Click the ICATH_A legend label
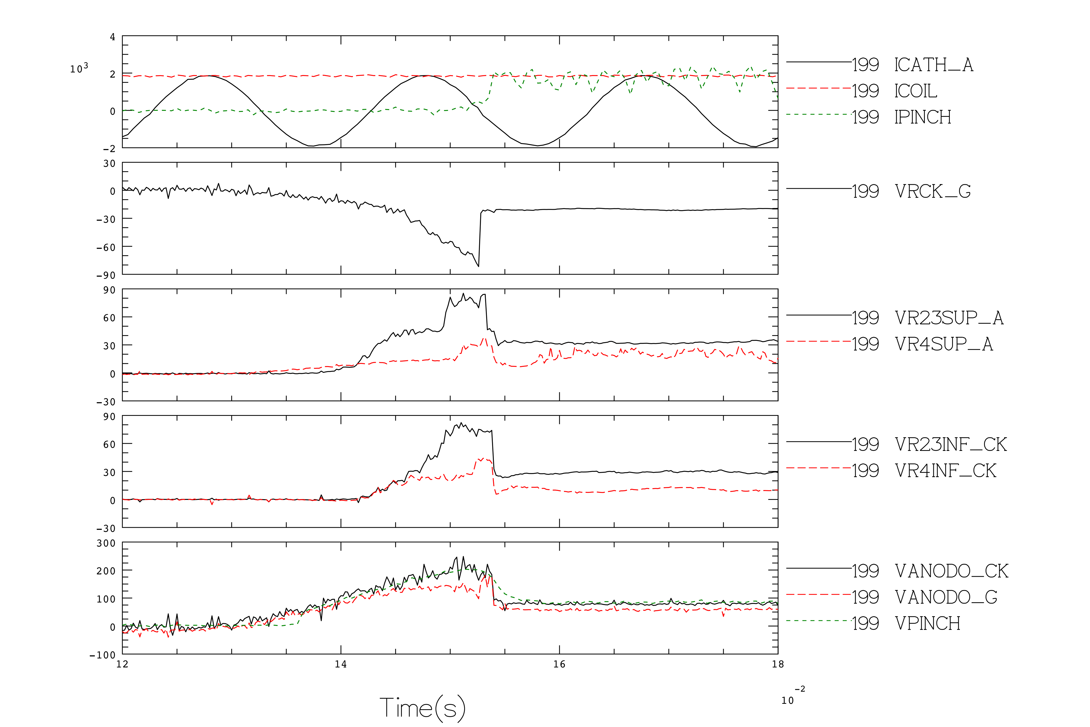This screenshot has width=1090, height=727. point(933,65)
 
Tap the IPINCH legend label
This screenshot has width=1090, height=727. point(922,117)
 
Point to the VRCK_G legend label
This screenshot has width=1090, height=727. point(933,191)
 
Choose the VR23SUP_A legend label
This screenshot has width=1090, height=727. point(949,318)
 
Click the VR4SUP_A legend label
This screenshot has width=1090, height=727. point(944,344)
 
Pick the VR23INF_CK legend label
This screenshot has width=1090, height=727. point(951,445)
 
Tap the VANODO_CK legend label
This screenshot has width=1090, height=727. point(951,571)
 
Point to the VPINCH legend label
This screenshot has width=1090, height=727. point(927,624)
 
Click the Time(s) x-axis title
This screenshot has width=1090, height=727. point(422,708)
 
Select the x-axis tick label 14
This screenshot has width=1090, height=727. point(341,664)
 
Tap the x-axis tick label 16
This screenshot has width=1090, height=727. point(559,664)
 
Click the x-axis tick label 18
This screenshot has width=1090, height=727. point(778,664)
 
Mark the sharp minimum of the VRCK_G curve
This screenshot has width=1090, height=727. point(479,266)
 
